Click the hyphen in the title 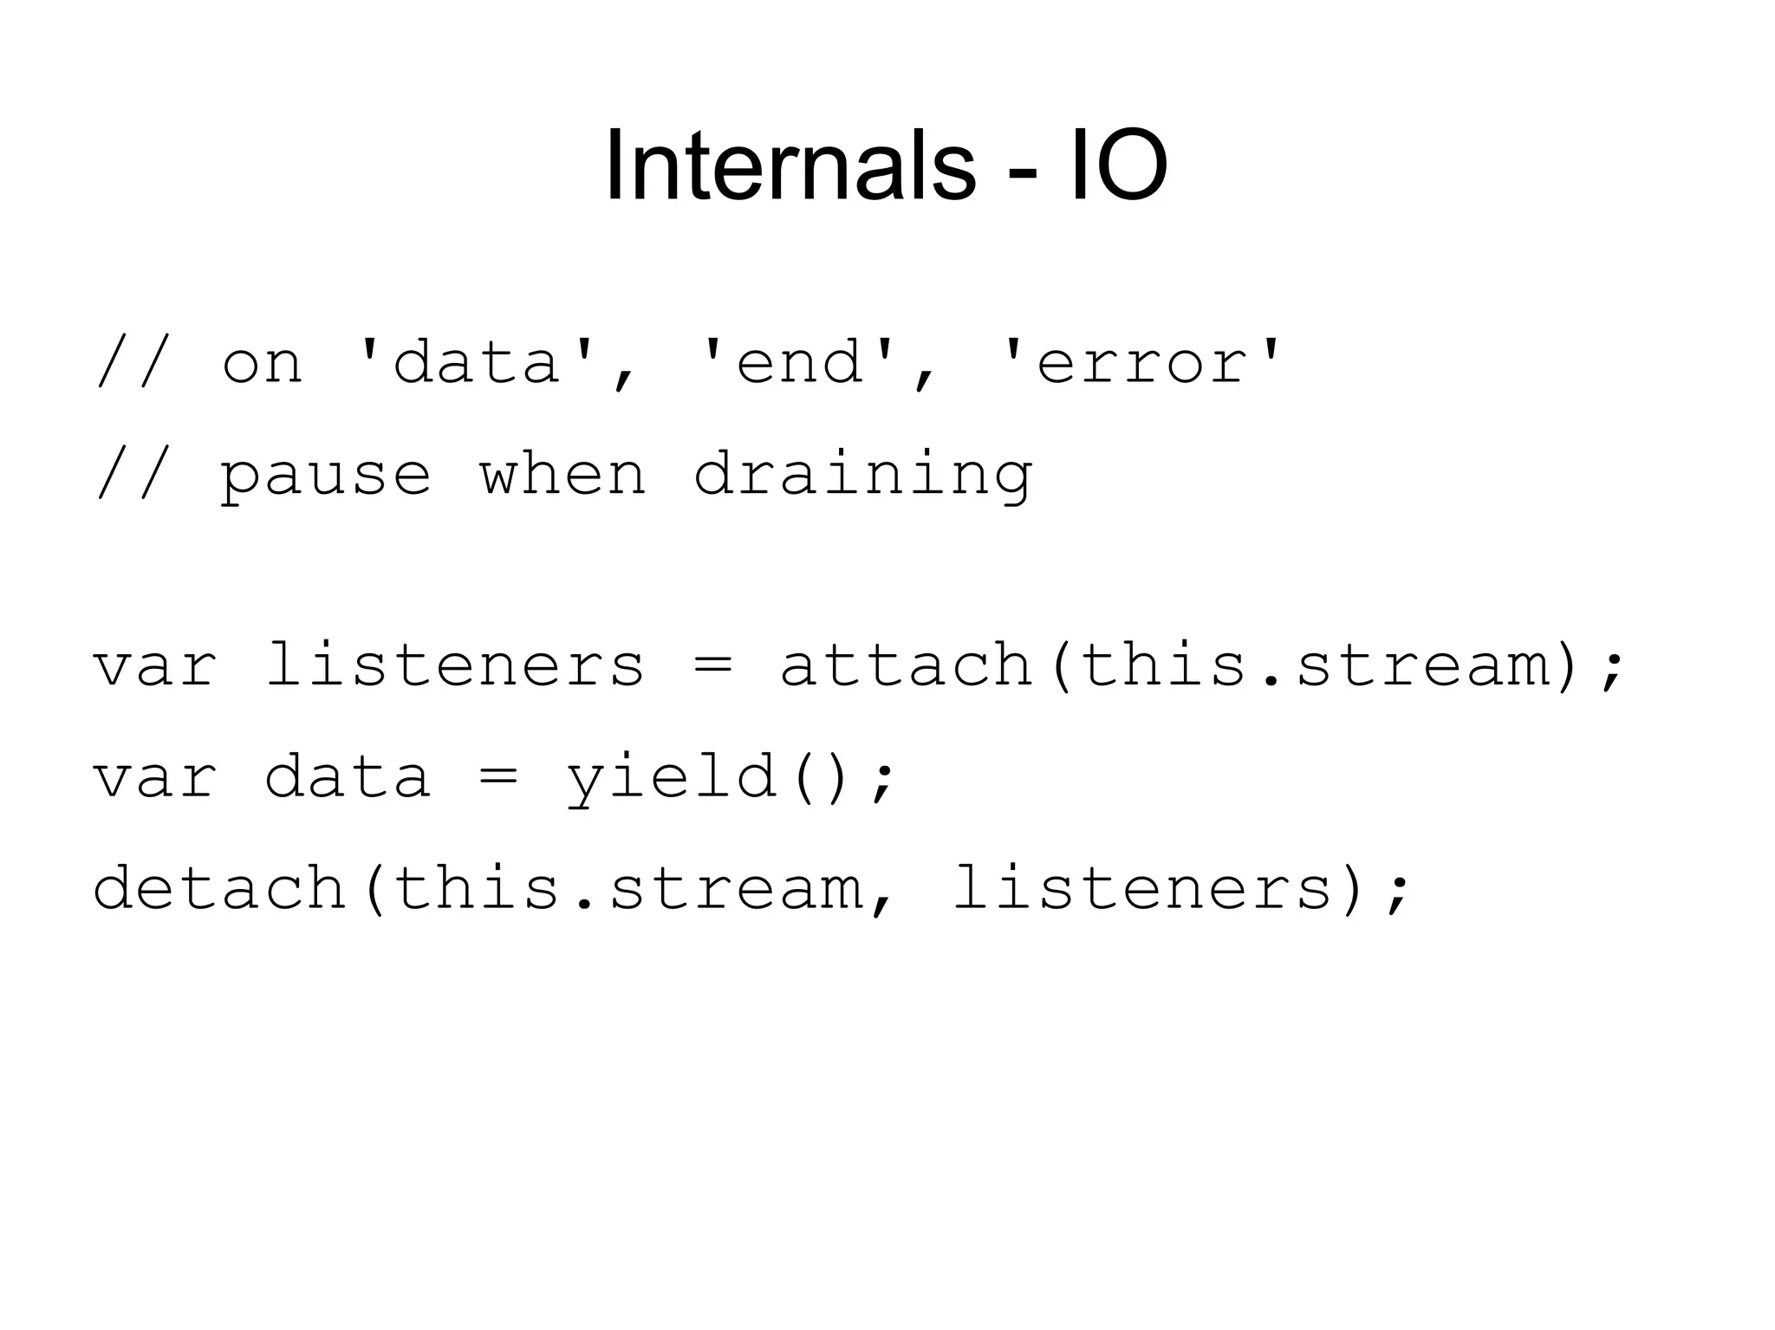(x=1023, y=173)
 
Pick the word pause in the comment (x=325, y=475)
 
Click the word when (x=562, y=475)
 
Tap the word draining (x=862, y=475)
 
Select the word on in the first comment (x=262, y=362)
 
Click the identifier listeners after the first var (x=454, y=665)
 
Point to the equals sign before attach (x=712, y=665)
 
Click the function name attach (x=906, y=665)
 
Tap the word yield (x=672, y=777)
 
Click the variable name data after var (x=347, y=777)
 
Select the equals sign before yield (x=497, y=777)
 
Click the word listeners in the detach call (x=1142, y=888)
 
